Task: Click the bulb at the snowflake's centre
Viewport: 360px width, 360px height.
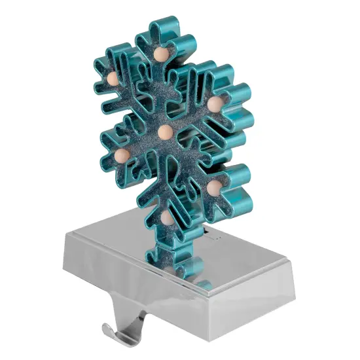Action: [x=165, y=134]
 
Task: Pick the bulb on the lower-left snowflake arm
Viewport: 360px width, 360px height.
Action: [x=122, y=156]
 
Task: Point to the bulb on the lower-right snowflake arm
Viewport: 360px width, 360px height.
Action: [x=213, y=187]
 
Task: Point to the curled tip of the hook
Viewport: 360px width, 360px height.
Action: [x=105, y=328]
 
